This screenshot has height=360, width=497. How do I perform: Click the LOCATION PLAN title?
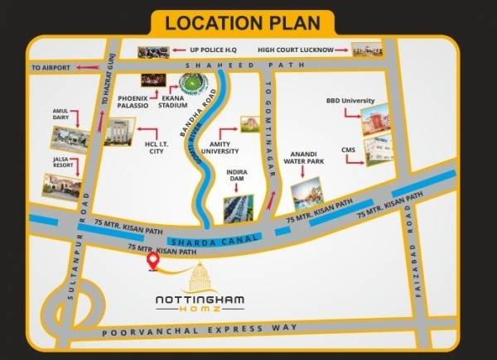(248, 22)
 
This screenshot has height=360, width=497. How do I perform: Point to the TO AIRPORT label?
(51, 66)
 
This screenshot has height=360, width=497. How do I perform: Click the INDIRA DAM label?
(238, 177)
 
